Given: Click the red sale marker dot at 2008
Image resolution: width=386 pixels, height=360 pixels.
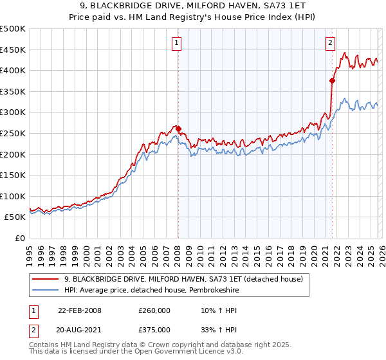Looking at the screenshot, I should tap(178, 129).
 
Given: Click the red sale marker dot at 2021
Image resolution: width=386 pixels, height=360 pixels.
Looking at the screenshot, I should tap(333, 80).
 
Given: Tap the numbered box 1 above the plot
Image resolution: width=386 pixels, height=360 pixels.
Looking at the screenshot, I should tap(176, 43).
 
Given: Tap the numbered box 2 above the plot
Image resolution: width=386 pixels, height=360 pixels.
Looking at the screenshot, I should tap(330, 43).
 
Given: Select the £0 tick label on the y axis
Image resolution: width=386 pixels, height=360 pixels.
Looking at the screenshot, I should tap(21, 238).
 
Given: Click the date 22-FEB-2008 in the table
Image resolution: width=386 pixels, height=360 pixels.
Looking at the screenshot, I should tap(79, 310).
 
